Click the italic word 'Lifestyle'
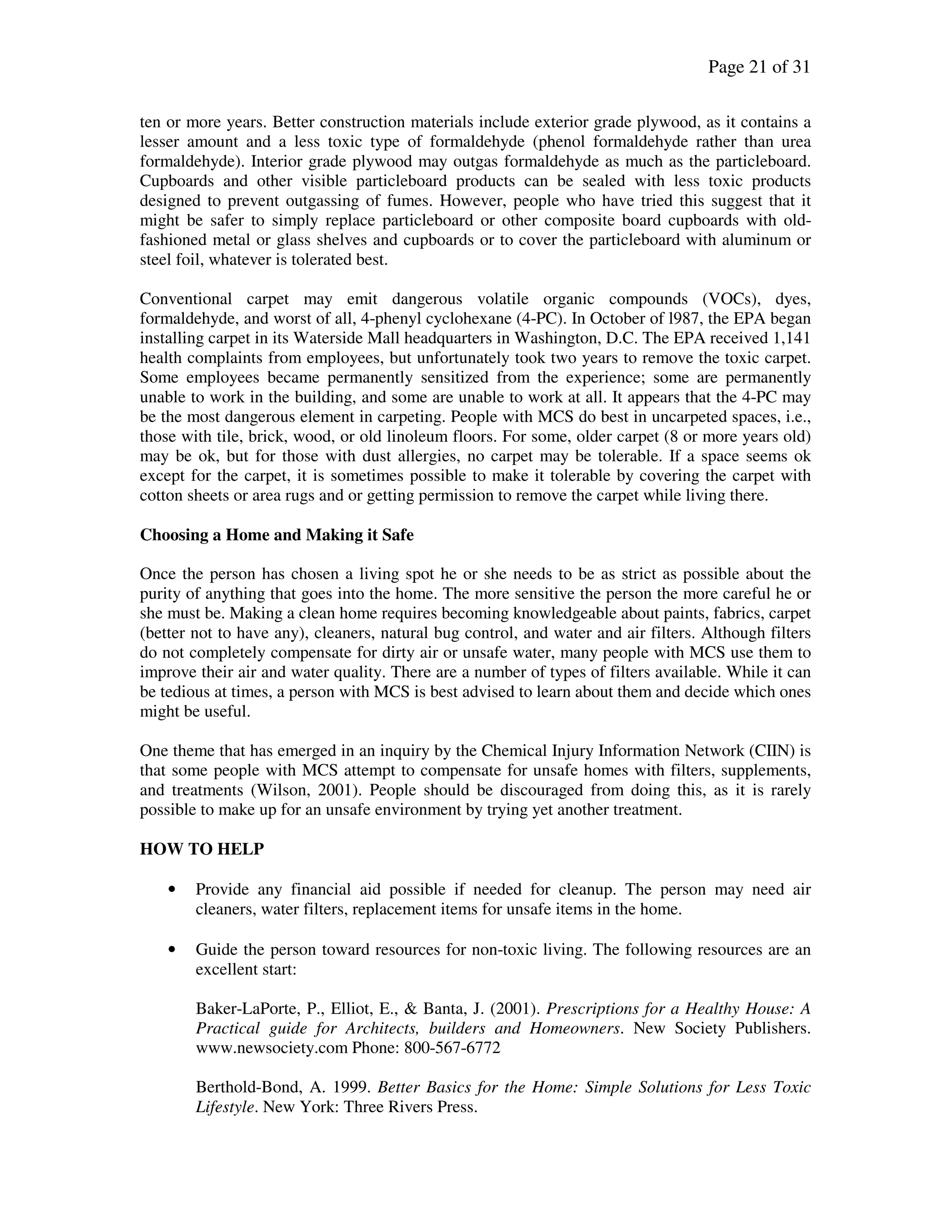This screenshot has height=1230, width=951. click(227, 1107)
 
